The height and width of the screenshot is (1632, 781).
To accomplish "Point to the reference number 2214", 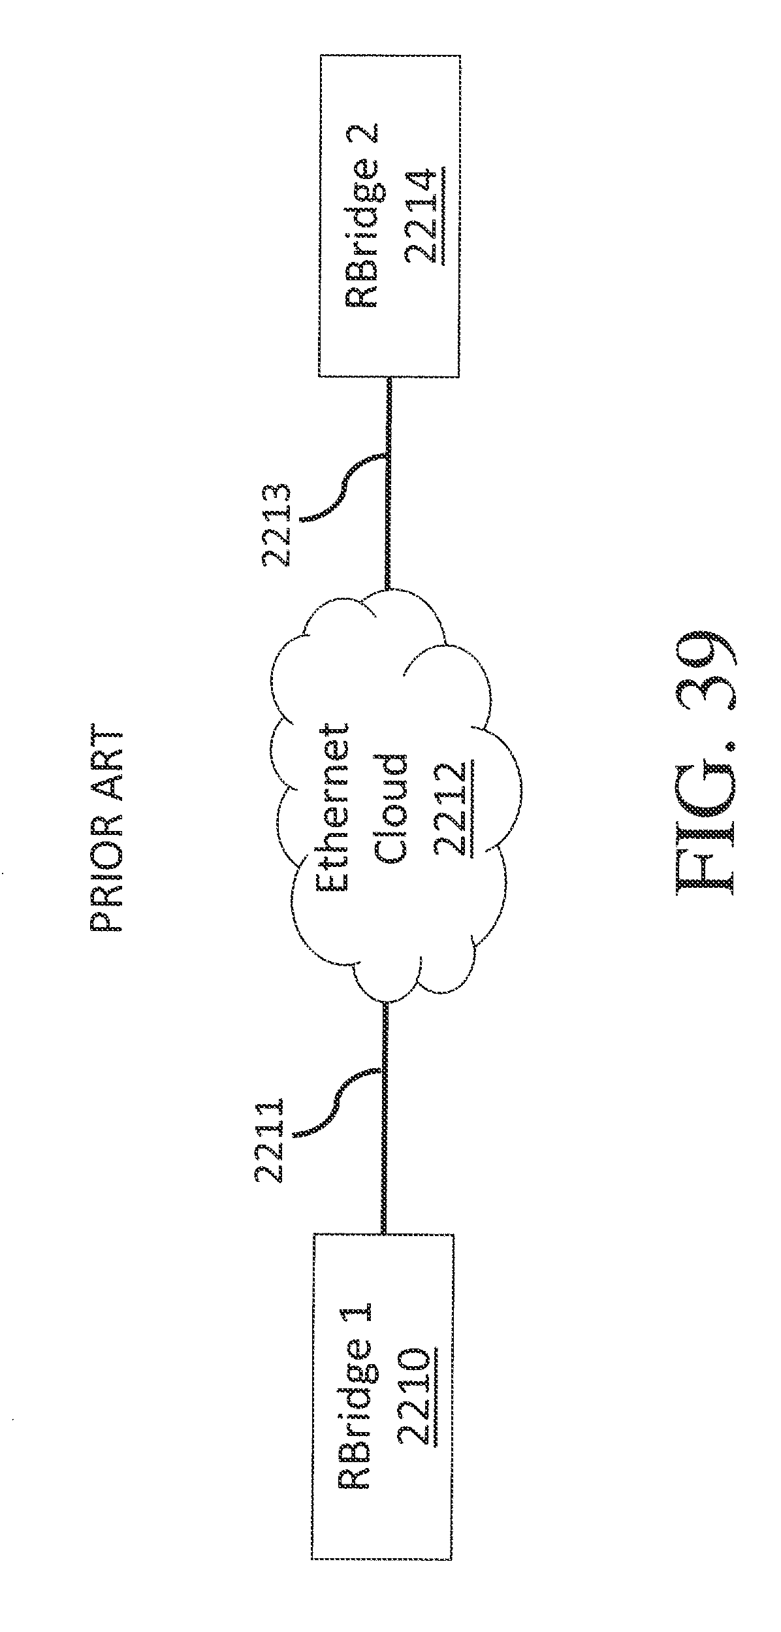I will (423, 218).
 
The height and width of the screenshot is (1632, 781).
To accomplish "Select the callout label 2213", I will (275, 527).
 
